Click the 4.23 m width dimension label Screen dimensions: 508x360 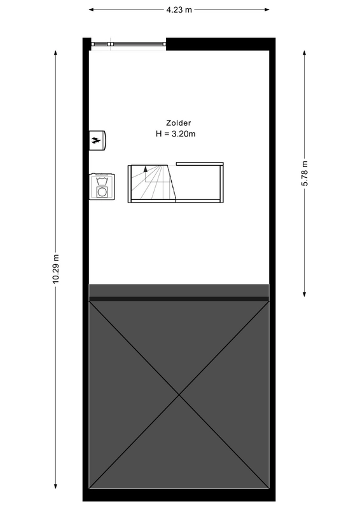click(179, 10)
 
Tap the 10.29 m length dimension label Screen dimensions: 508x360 click(55, 271)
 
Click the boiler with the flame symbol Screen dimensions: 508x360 click(99, 140)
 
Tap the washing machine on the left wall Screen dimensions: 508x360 click(102, 186)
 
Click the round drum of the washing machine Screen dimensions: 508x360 click(102, 191)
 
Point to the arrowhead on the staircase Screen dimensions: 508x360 click(146, 169)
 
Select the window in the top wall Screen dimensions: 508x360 click(128, 44)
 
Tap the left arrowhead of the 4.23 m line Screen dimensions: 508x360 click(92, 10)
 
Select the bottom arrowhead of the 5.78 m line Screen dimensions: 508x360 click(305, 293)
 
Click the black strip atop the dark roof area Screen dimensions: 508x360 click(179, 298)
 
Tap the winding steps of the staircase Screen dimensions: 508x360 click(151, 184)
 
